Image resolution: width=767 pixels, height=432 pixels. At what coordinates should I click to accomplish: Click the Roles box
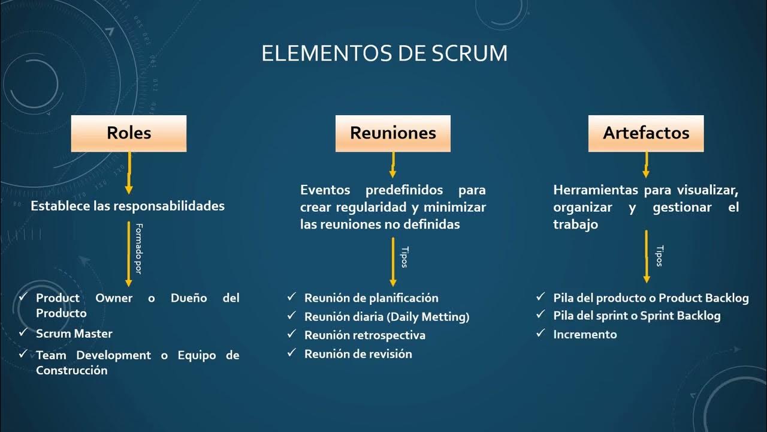pos(129,133)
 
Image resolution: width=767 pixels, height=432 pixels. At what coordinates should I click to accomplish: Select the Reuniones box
pos(392,133)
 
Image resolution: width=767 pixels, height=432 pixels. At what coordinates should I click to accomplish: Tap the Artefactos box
pos(646,133)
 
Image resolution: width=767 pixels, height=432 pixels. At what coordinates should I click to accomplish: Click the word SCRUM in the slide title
pos(469,53)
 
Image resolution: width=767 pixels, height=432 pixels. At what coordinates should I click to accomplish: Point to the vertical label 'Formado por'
pos(138,249)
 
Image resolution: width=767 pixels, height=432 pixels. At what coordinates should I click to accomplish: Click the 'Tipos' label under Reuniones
pos(403,257)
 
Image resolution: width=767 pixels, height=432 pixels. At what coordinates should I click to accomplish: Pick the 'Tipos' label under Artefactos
pos(660,256)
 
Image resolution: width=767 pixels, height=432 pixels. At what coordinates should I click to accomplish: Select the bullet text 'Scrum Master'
pos(74,334)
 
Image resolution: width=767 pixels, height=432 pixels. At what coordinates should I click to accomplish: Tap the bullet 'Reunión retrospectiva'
pos(365,335)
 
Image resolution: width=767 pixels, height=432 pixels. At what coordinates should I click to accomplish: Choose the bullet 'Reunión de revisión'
pos(358,354)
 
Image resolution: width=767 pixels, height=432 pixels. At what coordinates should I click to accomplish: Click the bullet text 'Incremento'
pos(585,334)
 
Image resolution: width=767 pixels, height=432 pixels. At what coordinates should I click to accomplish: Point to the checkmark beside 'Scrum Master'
pos(23,332)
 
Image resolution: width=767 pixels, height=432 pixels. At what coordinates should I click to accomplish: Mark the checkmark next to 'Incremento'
pos(540,333)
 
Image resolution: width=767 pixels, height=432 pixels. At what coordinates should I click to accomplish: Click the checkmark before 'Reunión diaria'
pos(291,316)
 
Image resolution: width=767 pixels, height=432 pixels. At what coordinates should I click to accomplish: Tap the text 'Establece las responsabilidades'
pos(128,206)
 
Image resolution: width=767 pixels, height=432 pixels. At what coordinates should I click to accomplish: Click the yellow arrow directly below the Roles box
pos(129,173)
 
